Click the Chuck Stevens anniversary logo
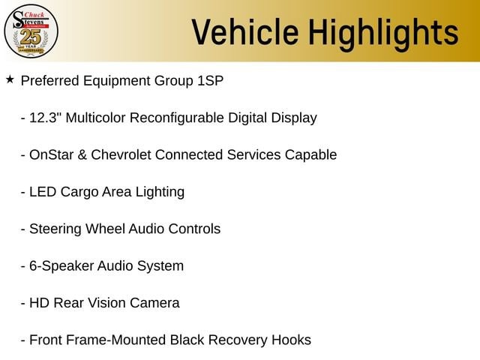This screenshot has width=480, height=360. pos(31,31)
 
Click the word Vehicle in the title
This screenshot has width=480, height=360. pos(245,32)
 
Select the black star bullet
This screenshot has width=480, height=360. pos(10,79)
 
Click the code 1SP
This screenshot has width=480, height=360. pos(210,81)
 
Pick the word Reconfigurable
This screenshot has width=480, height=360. pos(177,118)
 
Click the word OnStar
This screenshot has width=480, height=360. pos(52,155)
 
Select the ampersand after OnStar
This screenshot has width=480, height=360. pos(82,155)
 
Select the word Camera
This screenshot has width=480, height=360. pos(154,303)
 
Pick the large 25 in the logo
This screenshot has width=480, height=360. pos(31,37)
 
